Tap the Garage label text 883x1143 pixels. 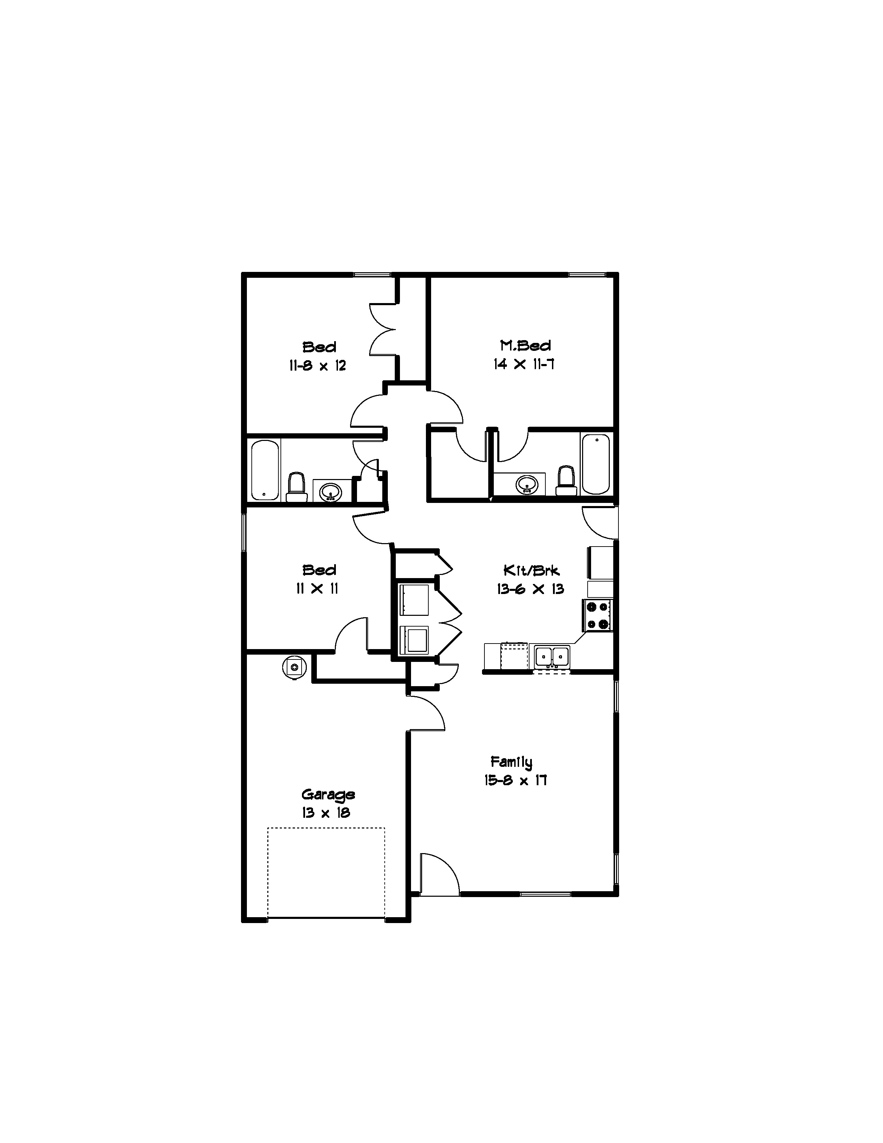click(x=328, y=795)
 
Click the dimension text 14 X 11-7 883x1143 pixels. click(x=524, y=364)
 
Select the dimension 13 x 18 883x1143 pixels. click(x=325, y=813)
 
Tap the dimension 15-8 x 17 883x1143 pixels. click(x=515, y=780)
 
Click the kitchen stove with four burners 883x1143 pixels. click(x=597, y=615)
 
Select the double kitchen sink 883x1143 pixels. click(x=552, y=656)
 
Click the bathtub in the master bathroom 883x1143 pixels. click(x=596, y=464)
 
